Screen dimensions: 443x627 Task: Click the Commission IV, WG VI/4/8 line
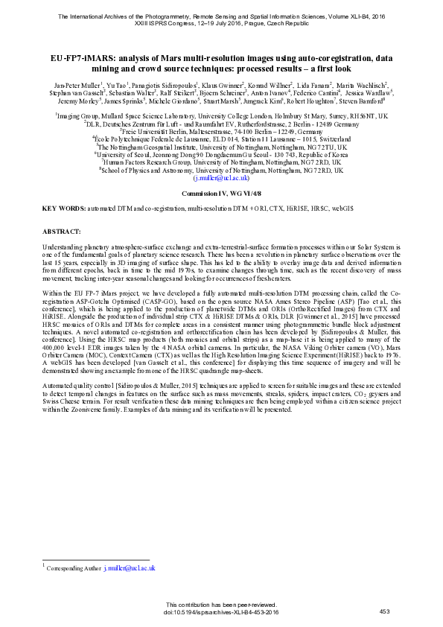221,193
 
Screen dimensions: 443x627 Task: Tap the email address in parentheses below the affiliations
221,179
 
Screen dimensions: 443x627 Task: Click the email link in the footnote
130,568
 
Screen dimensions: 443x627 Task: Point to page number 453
384,611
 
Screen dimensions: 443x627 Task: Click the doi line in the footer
221,611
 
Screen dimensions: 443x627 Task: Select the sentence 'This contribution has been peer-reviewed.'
221,604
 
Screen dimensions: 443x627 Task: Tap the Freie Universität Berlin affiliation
221,131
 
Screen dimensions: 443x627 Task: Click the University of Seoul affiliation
221,155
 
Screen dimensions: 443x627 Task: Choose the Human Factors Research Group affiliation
221,162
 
